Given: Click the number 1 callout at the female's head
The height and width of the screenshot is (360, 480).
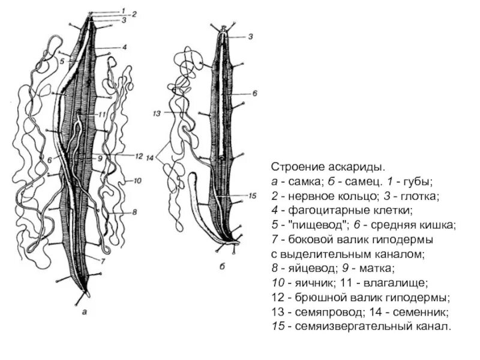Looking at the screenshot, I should [123, 10].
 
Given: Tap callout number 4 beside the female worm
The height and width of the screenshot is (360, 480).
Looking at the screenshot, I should [124, 47].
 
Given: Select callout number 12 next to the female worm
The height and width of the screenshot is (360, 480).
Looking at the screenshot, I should [138, 156].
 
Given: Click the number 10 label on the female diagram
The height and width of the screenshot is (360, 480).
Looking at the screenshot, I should [137, 180].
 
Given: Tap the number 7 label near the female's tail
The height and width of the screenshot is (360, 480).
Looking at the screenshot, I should [103, 262].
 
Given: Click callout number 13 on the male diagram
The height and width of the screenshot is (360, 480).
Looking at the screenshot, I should [158, 113].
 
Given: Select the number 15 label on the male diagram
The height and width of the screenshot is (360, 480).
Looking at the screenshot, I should [252, 196].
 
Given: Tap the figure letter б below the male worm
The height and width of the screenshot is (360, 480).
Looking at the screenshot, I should [221, 268].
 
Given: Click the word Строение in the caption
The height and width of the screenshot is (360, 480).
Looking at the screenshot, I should [293, 166].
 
